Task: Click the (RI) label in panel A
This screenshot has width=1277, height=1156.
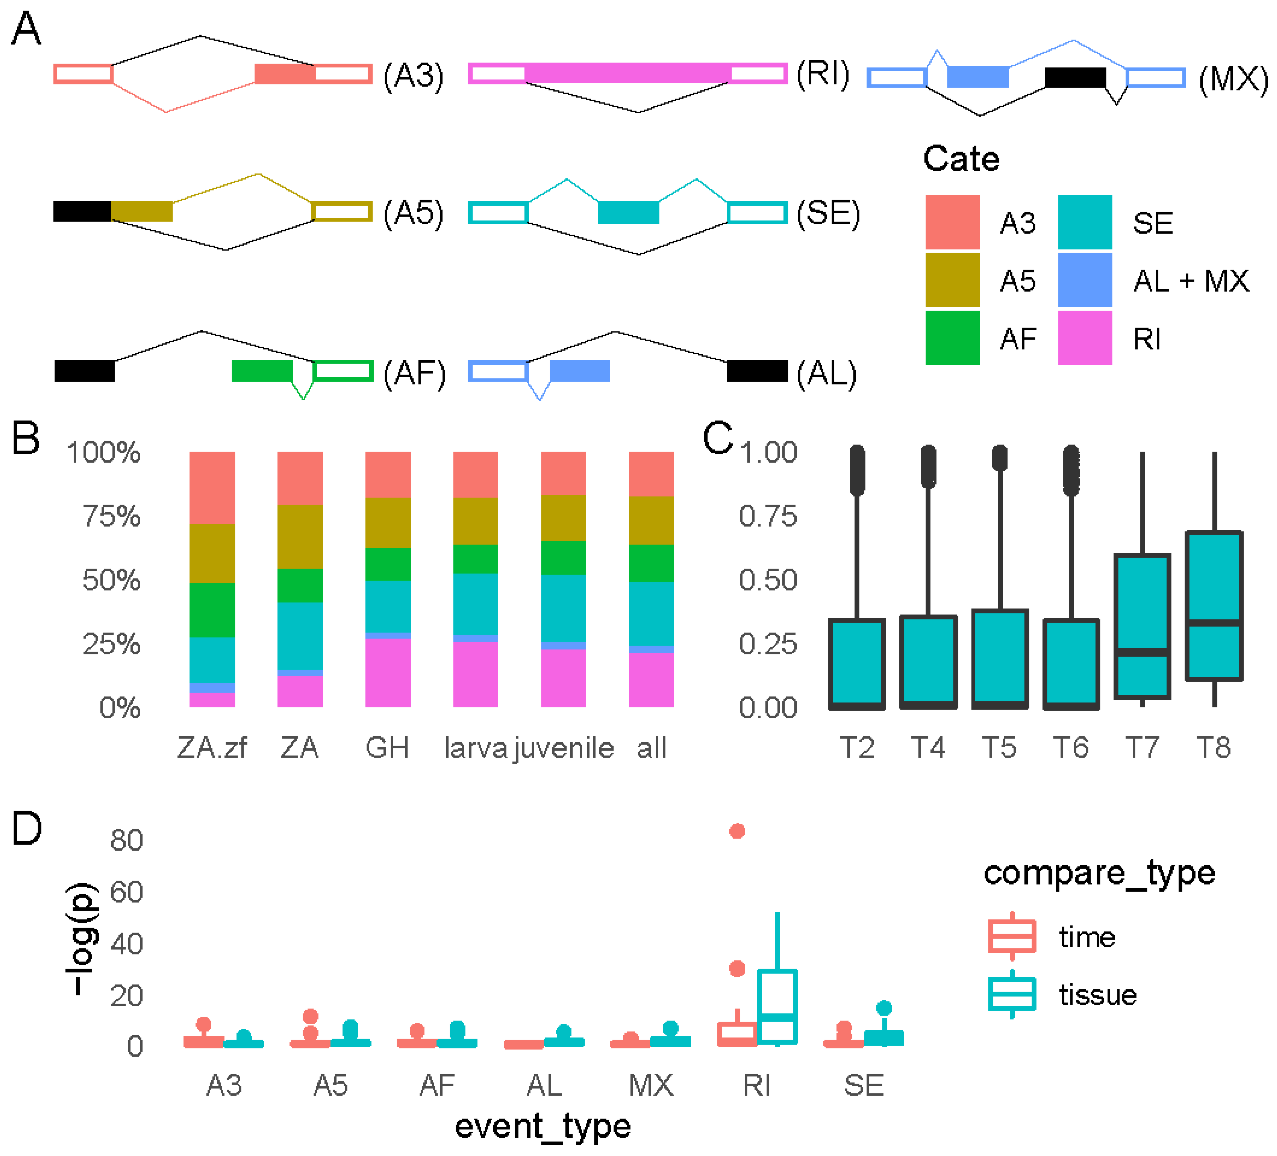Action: [x=822, y=74]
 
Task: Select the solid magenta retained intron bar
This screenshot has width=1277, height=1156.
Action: [x=627, y=73]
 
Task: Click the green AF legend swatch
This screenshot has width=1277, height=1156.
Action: [x=952, y=338]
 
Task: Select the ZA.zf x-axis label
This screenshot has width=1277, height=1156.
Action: [x=212, y=748]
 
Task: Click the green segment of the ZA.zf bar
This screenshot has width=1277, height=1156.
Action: [x=212, y=609]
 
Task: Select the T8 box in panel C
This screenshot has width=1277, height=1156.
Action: [x=1214, y=605]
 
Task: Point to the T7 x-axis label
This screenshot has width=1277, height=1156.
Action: [x=1142, y=748]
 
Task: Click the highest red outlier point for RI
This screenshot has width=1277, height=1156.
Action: [x=736, y=831]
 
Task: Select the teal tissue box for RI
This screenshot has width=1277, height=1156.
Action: [x=777, y=1006]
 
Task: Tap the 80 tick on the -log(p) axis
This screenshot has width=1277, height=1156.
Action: [x=126, y=841]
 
